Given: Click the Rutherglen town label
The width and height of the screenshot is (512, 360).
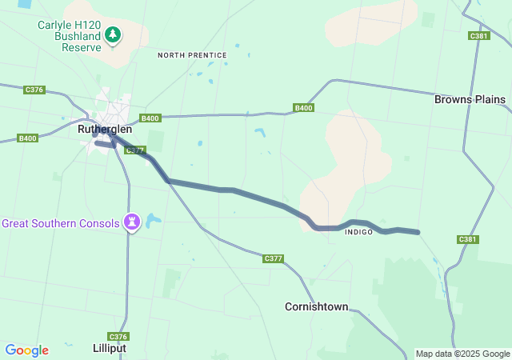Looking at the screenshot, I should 105,129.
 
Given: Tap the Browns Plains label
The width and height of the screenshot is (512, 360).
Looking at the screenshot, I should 470,99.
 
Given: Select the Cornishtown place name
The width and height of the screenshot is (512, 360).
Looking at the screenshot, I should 317,306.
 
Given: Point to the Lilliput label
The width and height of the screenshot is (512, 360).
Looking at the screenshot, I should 109,349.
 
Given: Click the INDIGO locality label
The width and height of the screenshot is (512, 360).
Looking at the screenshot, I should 359,232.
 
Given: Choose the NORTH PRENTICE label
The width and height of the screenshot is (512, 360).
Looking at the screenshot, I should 192,55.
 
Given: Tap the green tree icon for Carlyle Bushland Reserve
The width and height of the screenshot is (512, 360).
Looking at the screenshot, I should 114,35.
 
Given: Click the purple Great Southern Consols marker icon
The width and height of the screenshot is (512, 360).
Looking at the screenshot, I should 133,222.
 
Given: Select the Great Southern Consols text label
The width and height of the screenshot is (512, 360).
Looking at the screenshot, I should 61,222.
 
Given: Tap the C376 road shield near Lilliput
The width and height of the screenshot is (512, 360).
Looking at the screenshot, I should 118,337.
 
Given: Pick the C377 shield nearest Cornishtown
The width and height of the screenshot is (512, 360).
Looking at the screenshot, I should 273,258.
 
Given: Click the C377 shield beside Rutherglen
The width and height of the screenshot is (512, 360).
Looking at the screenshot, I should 135,150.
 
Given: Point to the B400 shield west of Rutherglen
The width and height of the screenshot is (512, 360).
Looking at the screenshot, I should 27,138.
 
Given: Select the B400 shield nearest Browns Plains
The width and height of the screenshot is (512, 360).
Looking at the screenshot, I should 303,108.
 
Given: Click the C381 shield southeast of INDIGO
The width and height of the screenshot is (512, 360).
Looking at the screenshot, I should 467,239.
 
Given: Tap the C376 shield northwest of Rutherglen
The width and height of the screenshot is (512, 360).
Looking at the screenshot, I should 34,90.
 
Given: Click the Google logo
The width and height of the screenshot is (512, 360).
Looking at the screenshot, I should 26,350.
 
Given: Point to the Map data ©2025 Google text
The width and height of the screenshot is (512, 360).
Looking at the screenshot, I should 462,354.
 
